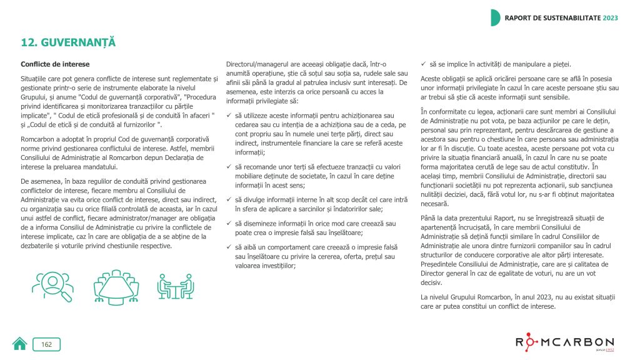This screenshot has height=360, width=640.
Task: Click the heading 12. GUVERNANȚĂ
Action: tap(69, 42)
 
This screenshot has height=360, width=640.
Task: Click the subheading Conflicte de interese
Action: tap(55, 64)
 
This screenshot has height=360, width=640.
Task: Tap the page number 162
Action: tap(47, 344)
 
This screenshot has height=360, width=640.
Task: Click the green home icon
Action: tap(20, 344)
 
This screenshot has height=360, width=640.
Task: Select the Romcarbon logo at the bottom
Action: tap(564, 342)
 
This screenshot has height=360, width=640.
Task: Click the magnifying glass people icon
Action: tap(52, 286)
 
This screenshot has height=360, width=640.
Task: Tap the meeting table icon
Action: tap(116, 286)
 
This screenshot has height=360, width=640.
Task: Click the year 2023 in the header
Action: tap(610, 17)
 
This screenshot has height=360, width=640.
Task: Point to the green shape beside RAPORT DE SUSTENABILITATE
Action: tap(495, 17)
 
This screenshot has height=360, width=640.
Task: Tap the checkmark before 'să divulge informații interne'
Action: tap(229, 200)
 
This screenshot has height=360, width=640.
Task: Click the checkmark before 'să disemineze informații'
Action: tap(229, 224)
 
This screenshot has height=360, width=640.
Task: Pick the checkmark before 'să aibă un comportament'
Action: tap(229, 247)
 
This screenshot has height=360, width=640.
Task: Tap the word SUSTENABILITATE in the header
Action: tap(568, 17)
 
